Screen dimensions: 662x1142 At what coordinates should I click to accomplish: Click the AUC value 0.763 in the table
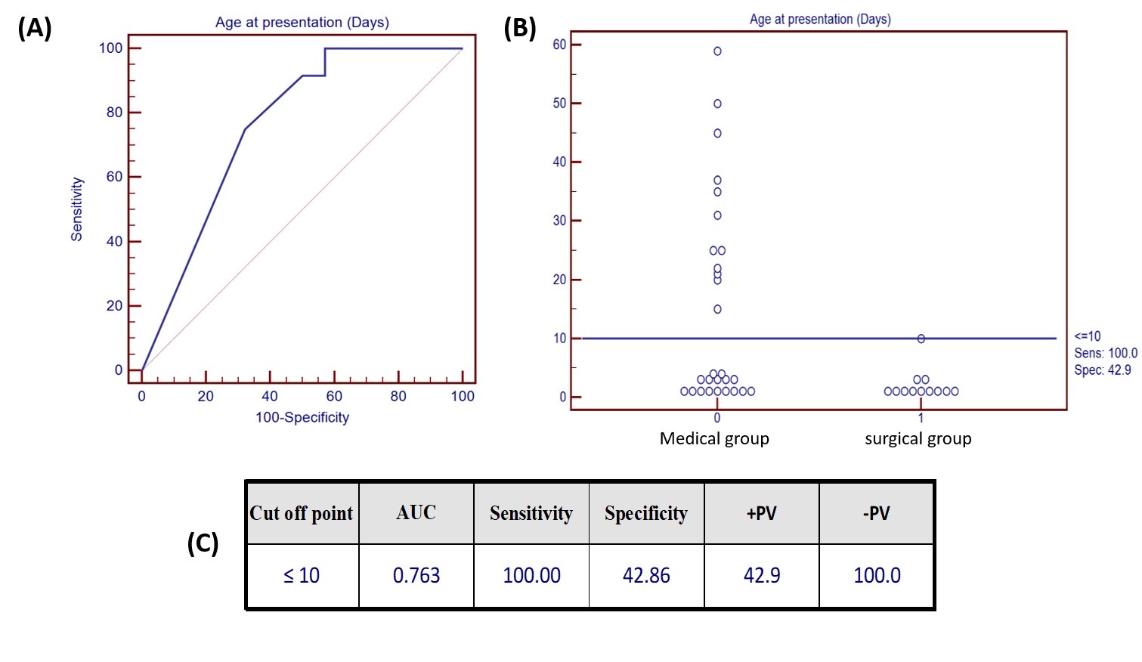[416, 576]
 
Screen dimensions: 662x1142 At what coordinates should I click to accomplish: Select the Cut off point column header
[302, 513]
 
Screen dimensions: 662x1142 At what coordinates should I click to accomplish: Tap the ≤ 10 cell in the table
[302, 576]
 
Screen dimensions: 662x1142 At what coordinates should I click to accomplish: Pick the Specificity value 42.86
[646, 576]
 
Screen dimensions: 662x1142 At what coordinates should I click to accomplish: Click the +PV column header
[761, 513]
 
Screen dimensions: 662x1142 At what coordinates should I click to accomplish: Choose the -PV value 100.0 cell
[877, 576]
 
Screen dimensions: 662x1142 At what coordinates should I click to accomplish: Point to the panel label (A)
[35, 28]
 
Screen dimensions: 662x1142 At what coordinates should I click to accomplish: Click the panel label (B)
[520, 28]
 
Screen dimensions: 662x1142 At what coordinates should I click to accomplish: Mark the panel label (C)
[203, 543]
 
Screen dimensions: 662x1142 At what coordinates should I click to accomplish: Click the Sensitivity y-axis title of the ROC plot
[76, 209]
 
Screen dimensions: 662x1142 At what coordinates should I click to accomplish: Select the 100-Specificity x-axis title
[302, 417]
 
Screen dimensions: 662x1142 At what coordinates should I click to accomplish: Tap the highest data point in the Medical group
[717, 51]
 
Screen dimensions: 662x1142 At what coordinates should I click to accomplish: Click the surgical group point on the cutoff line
[921, 339]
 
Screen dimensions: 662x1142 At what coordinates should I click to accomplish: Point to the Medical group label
[714, 438]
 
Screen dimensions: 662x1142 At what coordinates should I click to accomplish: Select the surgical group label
[918, 438]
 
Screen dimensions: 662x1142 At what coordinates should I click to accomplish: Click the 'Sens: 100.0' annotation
[1105, 353]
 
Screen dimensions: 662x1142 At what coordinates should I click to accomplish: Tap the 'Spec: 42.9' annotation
[1103, 370]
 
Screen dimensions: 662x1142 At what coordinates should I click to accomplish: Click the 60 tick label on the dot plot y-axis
[559, 45]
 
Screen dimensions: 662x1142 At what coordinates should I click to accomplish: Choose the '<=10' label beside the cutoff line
[1088, 336]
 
